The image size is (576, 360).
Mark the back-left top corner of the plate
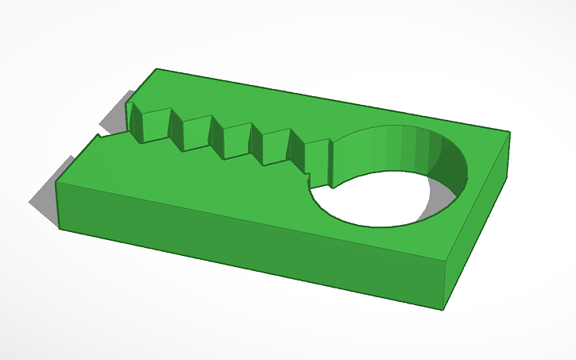[157, 69]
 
